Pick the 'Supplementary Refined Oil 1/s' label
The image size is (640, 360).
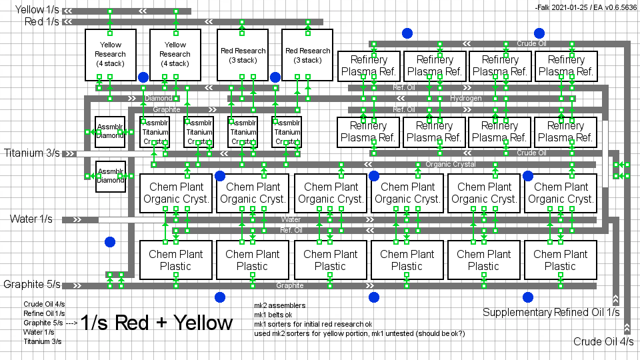[551, 312]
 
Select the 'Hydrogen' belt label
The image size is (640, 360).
[465, 98]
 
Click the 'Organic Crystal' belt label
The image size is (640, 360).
[451, 164]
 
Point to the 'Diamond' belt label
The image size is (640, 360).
[158, 98]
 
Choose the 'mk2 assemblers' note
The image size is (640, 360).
[279, 305]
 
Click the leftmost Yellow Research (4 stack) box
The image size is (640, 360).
[111, 55]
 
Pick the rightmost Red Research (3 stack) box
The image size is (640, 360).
[307, 55]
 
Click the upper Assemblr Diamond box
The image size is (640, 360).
[111, 131]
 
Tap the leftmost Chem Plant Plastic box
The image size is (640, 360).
[175, 260]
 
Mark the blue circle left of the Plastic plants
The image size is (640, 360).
[110, 242]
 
